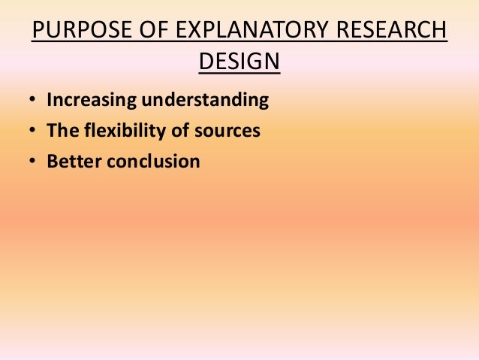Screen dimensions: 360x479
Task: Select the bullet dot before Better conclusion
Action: click(x=33, y=162)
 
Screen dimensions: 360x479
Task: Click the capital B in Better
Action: click(x=53, y=161)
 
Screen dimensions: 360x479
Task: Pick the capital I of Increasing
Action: click(x=50, y=101)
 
